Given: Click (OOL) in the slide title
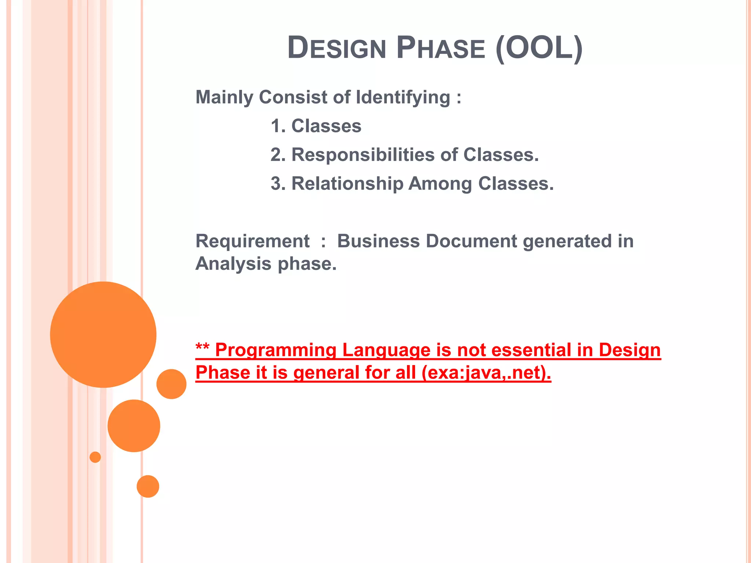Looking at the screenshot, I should tap(539, 48).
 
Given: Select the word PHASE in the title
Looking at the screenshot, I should tap(441, 48).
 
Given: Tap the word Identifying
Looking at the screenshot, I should tap(403, 98).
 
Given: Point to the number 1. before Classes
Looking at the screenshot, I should tap(278, 126).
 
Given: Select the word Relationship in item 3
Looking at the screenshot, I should tap(347, 184).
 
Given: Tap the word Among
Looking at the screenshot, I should tap(440, 184).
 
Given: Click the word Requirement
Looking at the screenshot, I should tap(253, 242).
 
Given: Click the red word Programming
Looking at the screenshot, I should tap(275, 350).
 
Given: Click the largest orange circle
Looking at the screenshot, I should tap(103, 334).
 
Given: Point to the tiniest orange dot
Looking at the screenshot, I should tap(95, 457).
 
